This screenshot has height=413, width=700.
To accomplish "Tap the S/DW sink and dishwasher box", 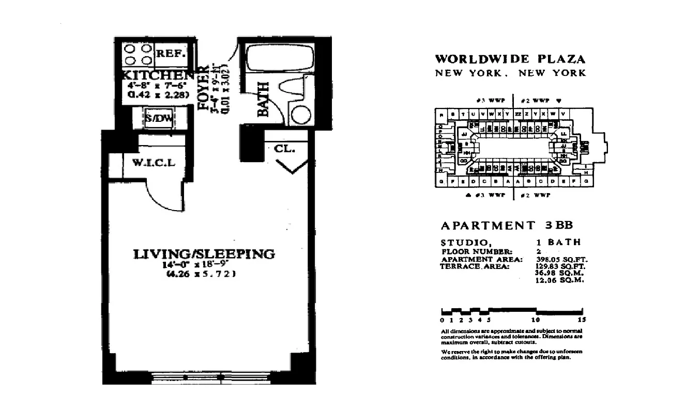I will pos(159,119).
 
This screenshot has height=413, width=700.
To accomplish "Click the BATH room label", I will pos(263,100).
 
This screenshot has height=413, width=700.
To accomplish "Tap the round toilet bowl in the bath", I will pos(299,114).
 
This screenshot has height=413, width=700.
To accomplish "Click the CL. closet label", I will pos(284,149).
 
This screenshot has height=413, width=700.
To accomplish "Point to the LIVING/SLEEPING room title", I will pos(204,254).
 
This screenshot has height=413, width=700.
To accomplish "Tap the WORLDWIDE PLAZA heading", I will pos(510,59).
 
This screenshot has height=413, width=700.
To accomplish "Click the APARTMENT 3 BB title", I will pos(507,226).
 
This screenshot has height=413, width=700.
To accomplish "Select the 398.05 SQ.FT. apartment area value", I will pos(560,259).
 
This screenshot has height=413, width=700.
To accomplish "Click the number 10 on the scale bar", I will pos(538,320).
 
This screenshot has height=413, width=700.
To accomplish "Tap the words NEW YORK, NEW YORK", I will pos(510,73).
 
